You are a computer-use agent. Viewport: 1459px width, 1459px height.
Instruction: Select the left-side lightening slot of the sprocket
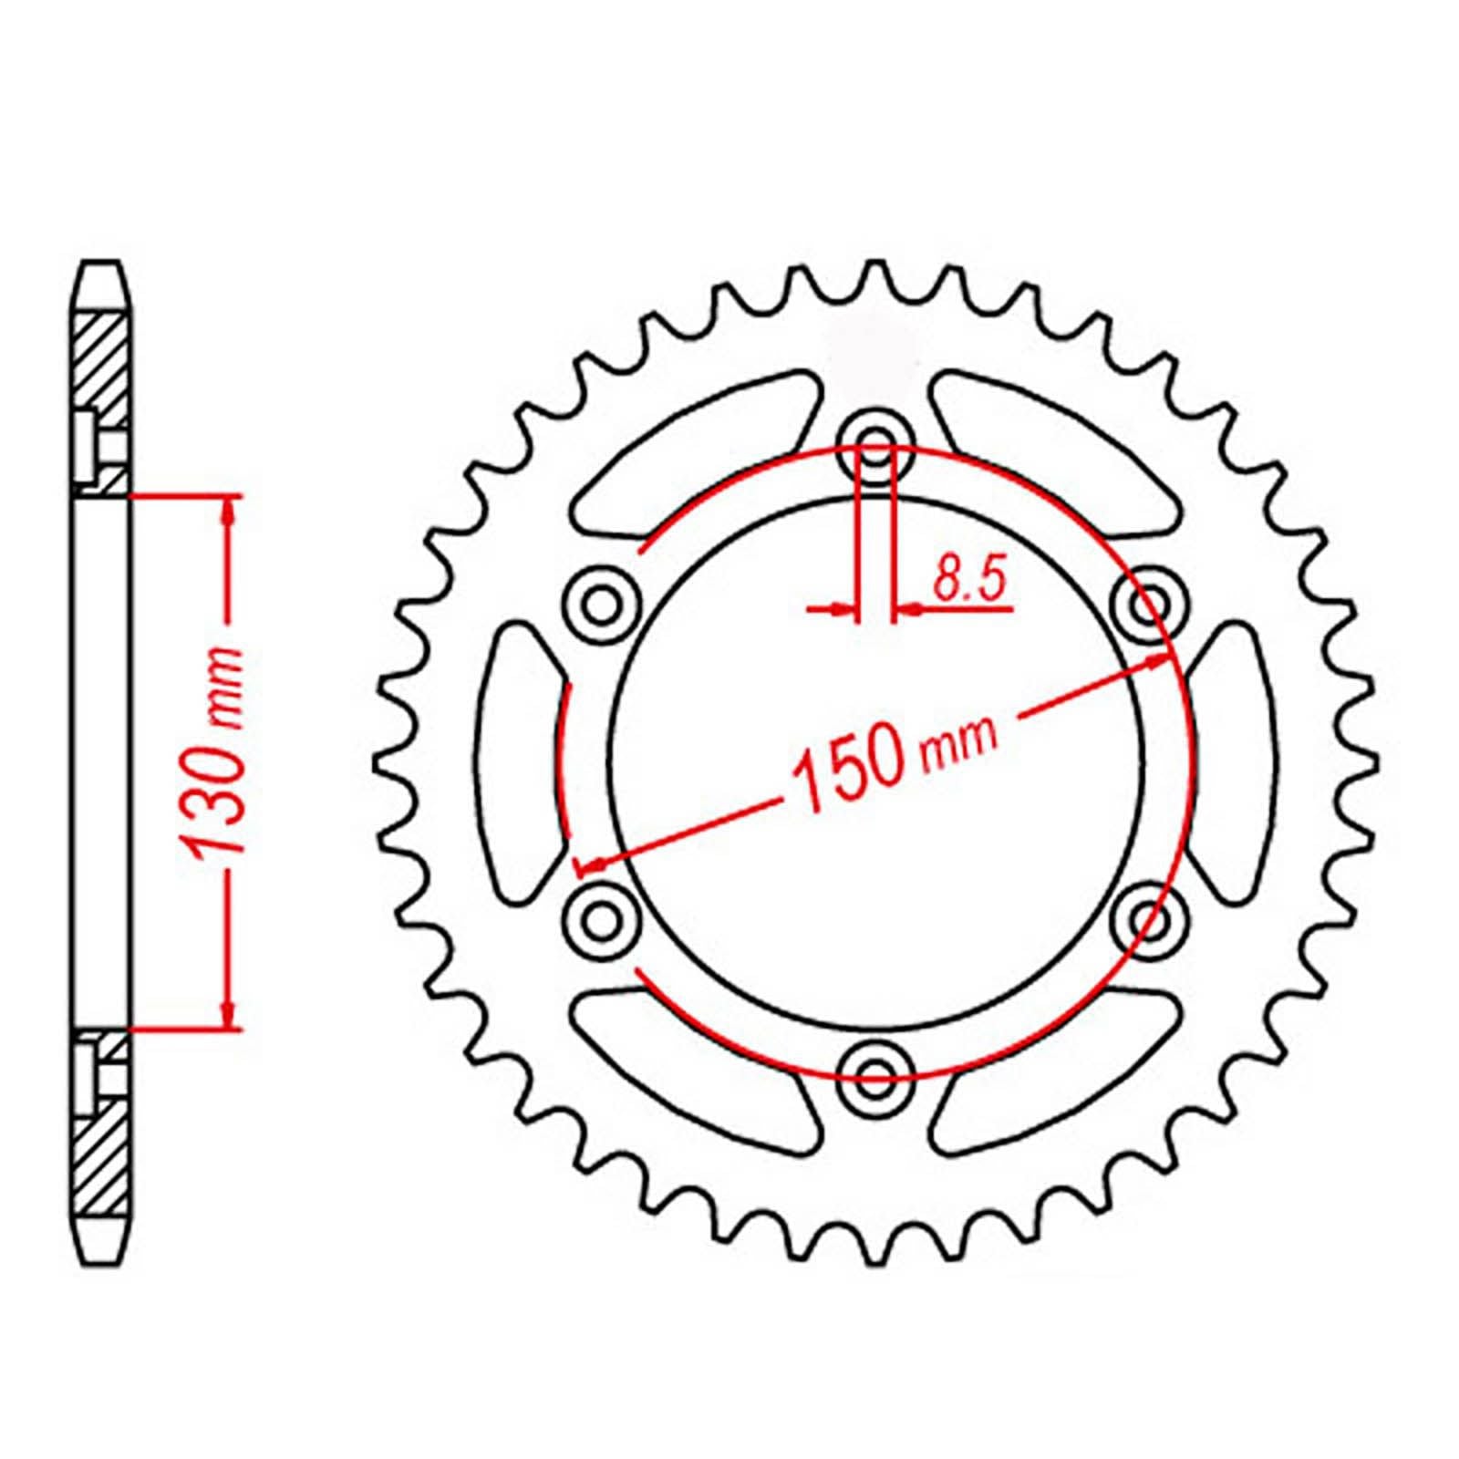tap(520, 761)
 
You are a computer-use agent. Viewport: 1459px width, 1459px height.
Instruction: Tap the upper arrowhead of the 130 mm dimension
tap(229, 511)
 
